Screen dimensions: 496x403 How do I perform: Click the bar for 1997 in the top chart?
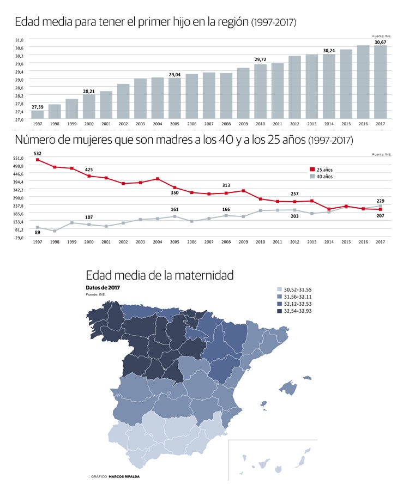38,114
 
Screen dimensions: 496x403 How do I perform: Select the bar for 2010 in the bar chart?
260,92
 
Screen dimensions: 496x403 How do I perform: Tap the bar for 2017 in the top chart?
380,82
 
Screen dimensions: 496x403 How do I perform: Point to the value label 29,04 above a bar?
175,74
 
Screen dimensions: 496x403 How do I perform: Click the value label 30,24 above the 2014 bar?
329,51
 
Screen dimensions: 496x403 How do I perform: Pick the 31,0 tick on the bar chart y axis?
19,40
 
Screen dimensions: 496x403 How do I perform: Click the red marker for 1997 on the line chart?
38,160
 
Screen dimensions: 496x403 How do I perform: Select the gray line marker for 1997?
38,227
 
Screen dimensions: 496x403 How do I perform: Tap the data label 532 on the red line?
38,154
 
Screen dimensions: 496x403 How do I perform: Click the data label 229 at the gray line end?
380,201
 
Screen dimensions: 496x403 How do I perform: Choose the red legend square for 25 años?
312,170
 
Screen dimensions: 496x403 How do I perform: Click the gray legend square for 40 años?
312,177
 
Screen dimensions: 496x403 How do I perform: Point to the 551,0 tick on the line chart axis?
18,158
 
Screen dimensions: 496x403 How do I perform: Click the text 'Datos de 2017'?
103,287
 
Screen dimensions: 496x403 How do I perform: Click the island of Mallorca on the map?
289,388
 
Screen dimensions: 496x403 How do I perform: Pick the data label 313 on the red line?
226,185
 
